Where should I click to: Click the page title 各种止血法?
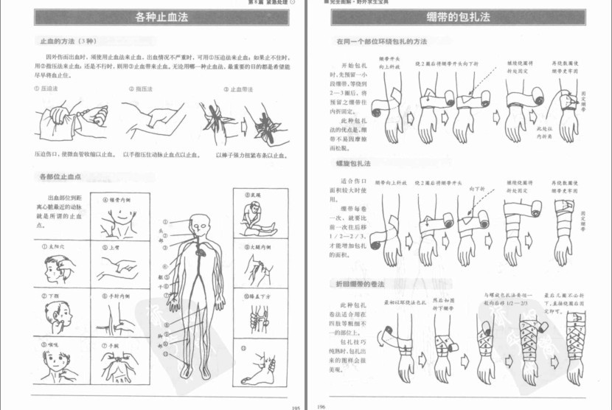pyautogui.click(x=152, y=16)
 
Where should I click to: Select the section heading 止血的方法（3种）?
pyautogui.click(x=66, y=41)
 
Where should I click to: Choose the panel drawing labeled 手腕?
pyautogui.click(x=117, y=364)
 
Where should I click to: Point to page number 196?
pyautogui.click(x=321, y=406)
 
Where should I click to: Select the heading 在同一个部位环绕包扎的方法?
pyautogui.click(x=381, y=41)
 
